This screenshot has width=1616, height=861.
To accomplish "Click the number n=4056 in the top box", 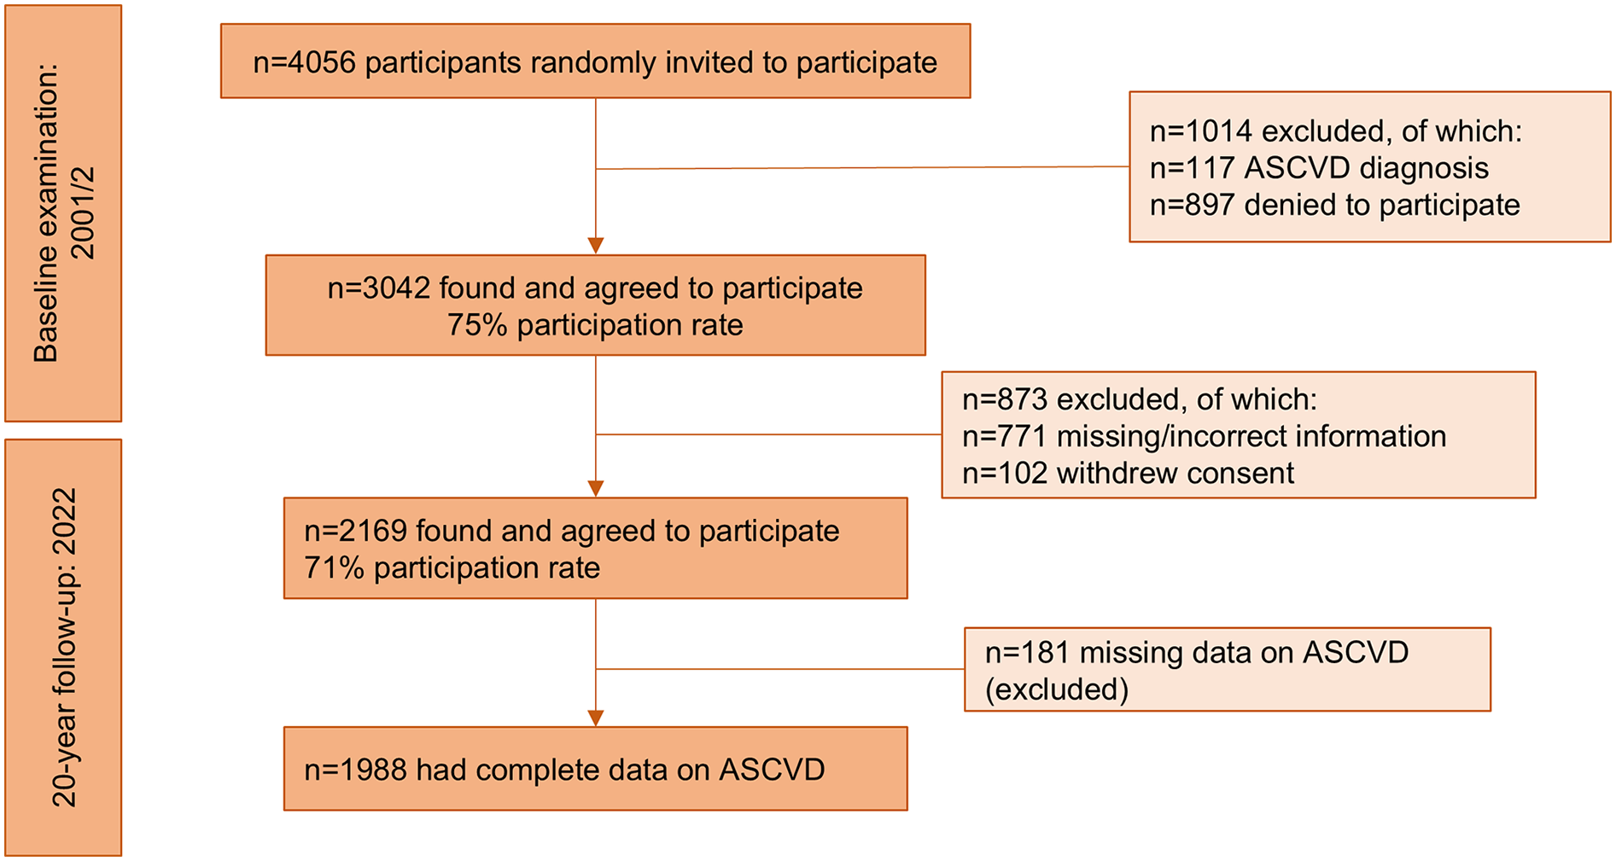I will pyautogui.click(x=304, y=62).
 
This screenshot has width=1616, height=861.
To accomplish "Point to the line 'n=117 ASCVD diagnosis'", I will pyautogui.click(x=1319, y=168).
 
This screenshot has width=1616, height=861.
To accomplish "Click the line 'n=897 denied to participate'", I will pyautogui.click(x=1334, y=205).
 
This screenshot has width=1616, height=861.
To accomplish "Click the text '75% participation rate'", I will pyautogui.click(x=595, y=325).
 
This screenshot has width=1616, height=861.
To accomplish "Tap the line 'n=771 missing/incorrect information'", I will pyautogui.click(x=1204, y=436).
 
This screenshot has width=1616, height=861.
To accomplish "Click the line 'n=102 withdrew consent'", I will pyautogui.click(x=1128, y=473).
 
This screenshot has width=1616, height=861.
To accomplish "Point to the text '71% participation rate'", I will pyautogui.click(x=452, y=567).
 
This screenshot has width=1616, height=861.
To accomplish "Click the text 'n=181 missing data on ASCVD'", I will pyautogui.click(x=1196, y=652).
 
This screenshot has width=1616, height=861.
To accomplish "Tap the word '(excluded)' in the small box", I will pyautogui.click(x=1056, y=689).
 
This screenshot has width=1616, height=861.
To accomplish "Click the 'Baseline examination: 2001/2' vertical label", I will pyautogui.click(x=63, y=213).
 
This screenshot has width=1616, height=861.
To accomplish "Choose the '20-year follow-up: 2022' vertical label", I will pyautogui.click(x=63, y=647).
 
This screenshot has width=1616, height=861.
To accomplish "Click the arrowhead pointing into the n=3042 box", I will pyautogui.click(x=596, y=246).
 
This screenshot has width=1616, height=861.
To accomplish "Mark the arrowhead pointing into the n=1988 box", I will pyautogui.click(x=596, y=718).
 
